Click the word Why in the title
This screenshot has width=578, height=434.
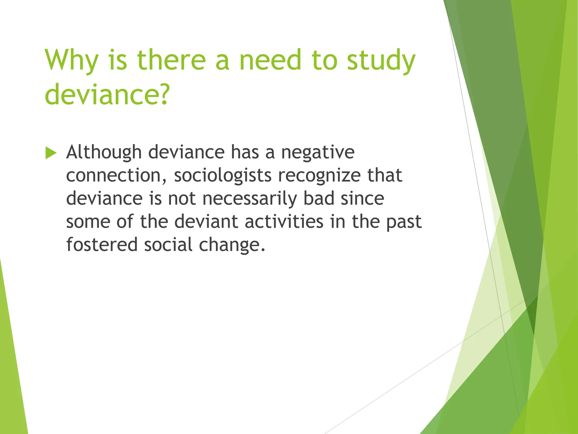71,61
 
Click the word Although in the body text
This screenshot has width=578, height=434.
104,153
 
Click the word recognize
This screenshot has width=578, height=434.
319,176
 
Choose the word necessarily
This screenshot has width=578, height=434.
249,199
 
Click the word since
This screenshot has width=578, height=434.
362,198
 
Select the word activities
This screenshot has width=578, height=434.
284,222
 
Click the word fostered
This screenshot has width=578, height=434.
102,245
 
